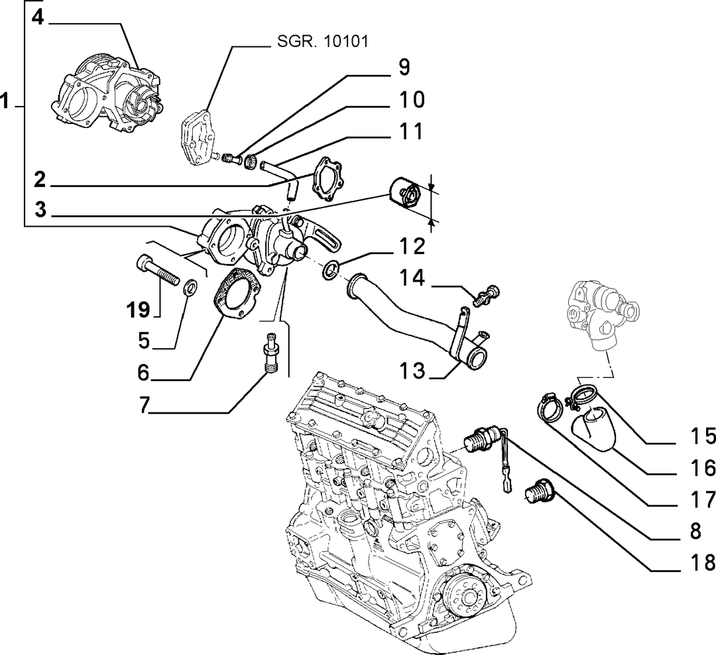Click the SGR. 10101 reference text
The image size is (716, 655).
coord(322,42)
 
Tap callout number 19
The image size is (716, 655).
coord(138,310)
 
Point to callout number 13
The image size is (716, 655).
coord(412,371)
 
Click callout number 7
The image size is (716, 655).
coord(145,405)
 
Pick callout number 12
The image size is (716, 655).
coord(412,247)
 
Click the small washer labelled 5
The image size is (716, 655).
coord(190,288)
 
